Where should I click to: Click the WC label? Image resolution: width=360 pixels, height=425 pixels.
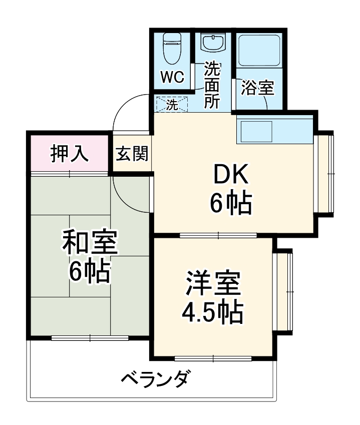click(x=172, y=78)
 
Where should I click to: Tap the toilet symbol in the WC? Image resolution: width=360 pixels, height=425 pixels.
click(x=172, y=48)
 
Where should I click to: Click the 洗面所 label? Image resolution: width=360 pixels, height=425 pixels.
click(x=212, y=85)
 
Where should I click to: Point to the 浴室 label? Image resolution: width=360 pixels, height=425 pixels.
click(x=257, y=88)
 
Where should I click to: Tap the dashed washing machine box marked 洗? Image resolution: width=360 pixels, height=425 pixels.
click(x=172, y=105)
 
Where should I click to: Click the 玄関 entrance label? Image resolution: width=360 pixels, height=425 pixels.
click(x=132, y=154)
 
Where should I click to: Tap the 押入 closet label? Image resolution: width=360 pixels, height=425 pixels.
click(x=70, y=154)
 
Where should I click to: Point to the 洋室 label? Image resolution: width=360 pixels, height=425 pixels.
click(x=213, y=284)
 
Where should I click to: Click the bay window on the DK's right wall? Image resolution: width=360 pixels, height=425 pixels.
click(x=326, y=173)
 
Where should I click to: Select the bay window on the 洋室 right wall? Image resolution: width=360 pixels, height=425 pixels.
click(x=285, y=291)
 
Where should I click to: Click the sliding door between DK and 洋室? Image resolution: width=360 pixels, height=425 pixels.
click(x=218, y=235)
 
